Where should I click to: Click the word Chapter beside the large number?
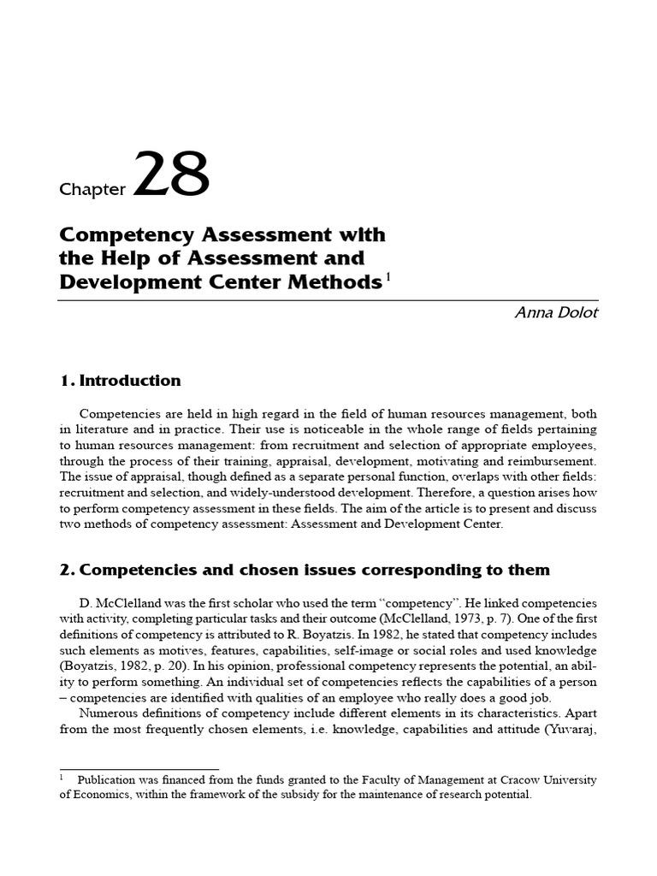point(92,190)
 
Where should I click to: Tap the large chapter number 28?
point(171,175)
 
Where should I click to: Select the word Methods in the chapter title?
point(337,282)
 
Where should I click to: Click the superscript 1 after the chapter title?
point(387,276)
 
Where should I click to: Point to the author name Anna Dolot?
point(556,312)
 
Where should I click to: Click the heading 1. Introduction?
point(120,381)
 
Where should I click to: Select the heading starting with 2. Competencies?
point(305,570)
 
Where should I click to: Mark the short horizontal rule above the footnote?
point(139,769)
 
